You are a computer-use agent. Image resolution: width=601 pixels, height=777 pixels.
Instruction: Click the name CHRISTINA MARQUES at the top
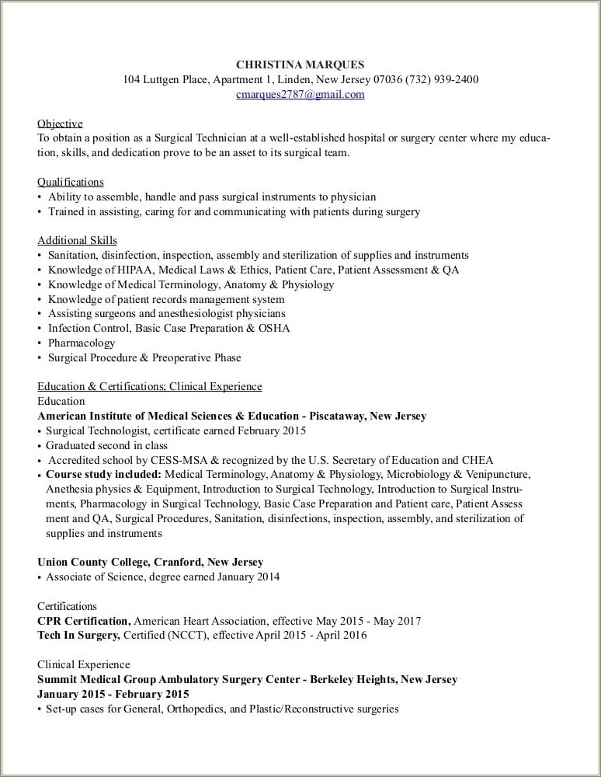click(x=300, y=64)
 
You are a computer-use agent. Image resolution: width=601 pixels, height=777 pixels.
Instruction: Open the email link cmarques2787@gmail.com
click(x=300, y=94)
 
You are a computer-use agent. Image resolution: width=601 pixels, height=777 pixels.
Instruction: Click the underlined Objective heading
click(x=60, y=124)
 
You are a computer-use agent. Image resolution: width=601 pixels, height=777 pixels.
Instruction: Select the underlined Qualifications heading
click(x=70, y=182)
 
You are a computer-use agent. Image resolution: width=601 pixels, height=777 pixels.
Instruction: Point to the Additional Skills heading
click(x=77, y=240)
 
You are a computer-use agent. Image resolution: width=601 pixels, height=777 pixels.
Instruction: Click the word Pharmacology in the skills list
click(x=82, y=343)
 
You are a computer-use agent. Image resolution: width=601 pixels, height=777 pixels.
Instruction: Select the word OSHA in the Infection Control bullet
click(x=275, y=328)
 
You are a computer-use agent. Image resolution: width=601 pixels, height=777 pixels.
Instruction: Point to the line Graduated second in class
click(x=106, y=445)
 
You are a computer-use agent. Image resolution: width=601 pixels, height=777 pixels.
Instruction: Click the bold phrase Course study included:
click(x=103, y=474)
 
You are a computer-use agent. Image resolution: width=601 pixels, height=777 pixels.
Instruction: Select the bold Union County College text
click(x=92, y=562)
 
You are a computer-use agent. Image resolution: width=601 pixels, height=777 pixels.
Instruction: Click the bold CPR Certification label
click(x=84, y=621)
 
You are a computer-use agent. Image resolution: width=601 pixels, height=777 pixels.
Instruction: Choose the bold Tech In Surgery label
click(x=78, y=635)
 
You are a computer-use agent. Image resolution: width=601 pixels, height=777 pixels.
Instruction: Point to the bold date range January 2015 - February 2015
click(x=113, y=694)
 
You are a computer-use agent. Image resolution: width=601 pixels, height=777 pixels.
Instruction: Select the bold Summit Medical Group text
click(x=102, y=679)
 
